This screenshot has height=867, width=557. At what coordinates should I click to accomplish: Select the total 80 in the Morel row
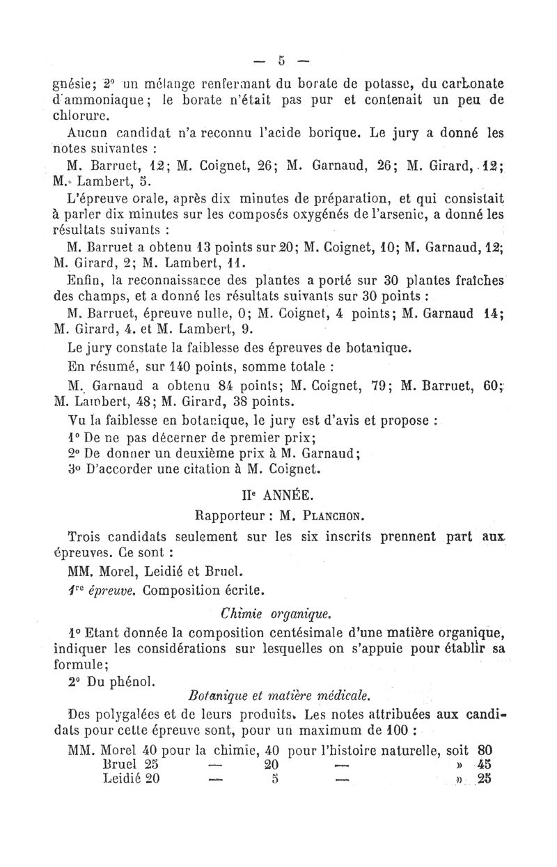click(x=485, y=750)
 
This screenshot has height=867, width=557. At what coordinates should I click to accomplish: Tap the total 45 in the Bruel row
click(x=485, y=765)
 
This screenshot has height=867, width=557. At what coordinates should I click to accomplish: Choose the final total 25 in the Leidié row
click(x=485, y=779)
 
